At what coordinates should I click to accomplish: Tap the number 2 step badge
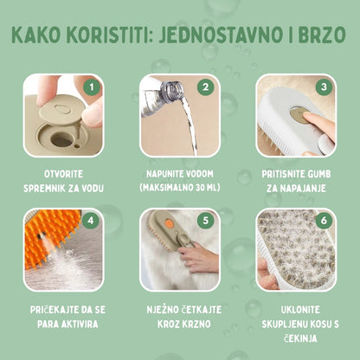pyautogui.click(x=205, y=87)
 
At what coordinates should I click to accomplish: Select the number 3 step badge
pyautogui.click(x=323, y=87)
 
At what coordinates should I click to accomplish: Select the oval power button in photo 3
pyautogui.click(x=297, y=114)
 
